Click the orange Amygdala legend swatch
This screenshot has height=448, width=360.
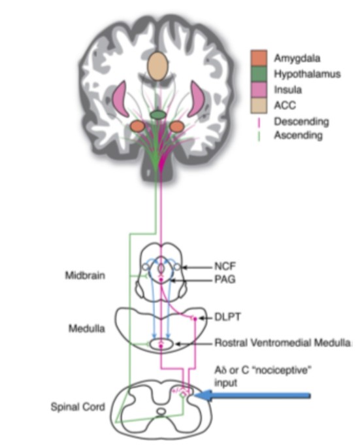coord(259,58)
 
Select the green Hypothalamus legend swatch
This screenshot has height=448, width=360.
coord(259,74)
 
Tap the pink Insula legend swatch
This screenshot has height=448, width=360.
coord(259,90)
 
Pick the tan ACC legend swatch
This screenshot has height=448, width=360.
coord(259,106)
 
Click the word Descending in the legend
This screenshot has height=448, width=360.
coord(301,122)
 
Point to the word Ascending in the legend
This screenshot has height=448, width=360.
coord(299,135)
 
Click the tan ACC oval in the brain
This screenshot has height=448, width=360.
coord(157,66)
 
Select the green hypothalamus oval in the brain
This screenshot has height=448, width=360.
coord(158,115)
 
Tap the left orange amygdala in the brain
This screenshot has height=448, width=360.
coord(137,126)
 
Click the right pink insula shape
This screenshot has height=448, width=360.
coord(195,98)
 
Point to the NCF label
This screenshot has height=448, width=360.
coord(225,266)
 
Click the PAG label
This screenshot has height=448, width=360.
coord(225,279)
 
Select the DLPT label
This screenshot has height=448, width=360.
coord(227,317)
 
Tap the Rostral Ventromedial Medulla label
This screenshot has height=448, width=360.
coord(283,342)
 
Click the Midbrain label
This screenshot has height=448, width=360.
coord(85,275)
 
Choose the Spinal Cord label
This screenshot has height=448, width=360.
coord(78,407)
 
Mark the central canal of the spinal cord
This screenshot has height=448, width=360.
coord(161,412)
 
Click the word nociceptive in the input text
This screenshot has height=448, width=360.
coord(281,370)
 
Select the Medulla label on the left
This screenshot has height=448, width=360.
coord(87,328)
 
